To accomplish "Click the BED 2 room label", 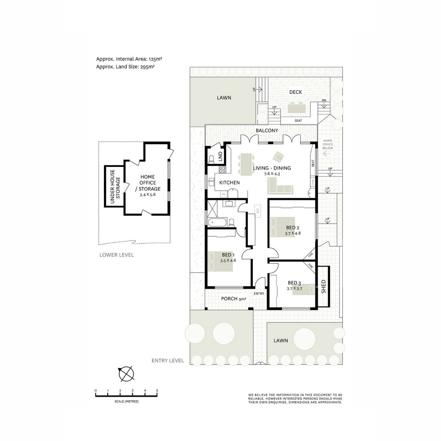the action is click(293, 227).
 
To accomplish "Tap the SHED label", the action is click(323, 287).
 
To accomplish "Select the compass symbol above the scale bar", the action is click(126, 374).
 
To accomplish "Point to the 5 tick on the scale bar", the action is click(157, 390).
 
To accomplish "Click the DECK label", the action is click(295, 92).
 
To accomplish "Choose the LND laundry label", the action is click(220, 157).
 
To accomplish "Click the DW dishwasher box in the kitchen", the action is click(223, 194).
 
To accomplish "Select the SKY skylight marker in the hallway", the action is click(258, 211).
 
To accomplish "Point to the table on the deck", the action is click(296, 108).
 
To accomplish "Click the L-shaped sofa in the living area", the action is click(280, 186).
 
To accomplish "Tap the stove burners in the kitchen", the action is click(222, 169).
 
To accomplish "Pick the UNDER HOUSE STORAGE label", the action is click(115, 186).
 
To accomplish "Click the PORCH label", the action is click(229, 298).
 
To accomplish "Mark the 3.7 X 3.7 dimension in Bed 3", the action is click(294, 288).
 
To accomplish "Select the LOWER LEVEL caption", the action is click(116, 255).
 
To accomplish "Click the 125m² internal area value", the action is click(155, 59).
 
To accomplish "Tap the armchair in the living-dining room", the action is click(278, 157).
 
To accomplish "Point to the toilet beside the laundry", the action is click(211, 159).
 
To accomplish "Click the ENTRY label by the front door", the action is click(259, 293).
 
